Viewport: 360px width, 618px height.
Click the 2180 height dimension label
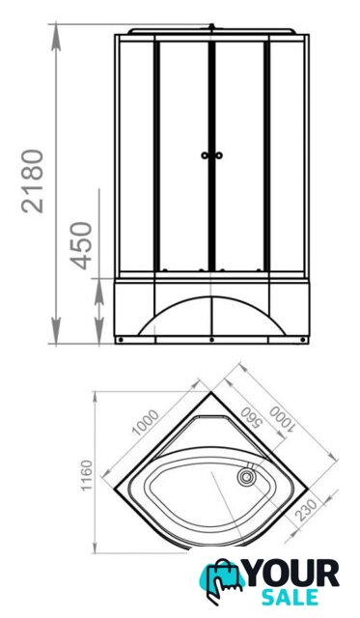tap(32, 182)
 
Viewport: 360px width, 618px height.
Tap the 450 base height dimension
tap(81, 246)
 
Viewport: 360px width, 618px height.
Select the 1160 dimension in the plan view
tap(87, 475)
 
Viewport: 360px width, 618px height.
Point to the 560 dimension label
tap(251, 418)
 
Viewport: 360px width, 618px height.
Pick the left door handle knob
tap(205, 155)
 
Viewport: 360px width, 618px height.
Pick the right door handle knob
tap(219, 155)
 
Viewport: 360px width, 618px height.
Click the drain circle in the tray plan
tap(246, 477)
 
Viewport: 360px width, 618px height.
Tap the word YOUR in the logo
tap(291, 574)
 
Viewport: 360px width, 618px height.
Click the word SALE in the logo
tap(291, 597)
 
